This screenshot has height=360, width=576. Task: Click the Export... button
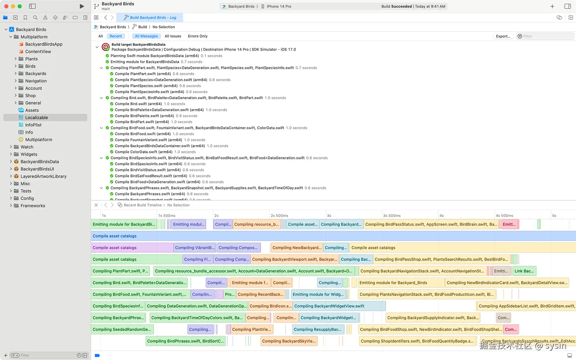point(503,36)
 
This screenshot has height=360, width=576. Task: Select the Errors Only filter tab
point(197,36)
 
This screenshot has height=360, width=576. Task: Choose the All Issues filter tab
point(173,36)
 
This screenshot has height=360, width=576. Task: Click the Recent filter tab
point(115,36)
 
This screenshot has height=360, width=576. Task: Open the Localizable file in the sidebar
point(36,118)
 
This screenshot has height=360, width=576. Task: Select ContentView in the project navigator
point(38,52)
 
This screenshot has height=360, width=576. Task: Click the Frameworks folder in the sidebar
point(33,206)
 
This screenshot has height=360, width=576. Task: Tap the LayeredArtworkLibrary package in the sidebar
point(43,176)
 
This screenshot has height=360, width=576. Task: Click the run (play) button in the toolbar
point(82,6)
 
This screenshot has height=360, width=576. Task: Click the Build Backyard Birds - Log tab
point(152,18)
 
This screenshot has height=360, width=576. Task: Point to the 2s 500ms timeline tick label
point(279,216)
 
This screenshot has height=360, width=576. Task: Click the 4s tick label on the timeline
point(441,216)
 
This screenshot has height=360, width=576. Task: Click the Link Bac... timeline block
point(524,271)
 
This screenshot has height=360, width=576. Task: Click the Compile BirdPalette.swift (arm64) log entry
point(144,116)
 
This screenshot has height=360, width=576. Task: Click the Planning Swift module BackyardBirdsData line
point(155,56)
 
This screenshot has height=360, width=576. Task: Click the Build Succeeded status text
point(396,6)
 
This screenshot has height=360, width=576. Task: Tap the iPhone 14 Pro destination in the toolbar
point(279,6)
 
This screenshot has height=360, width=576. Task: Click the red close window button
point(6,6)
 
